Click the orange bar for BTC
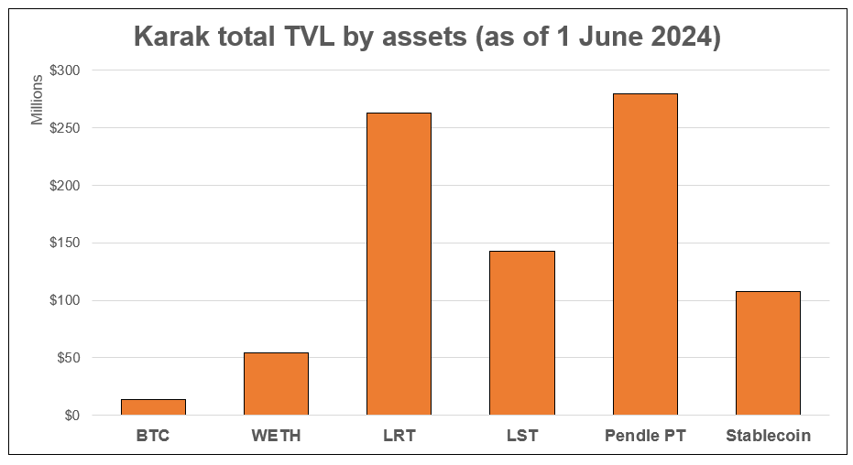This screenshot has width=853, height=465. point(153,407)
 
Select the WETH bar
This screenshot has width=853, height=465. point(276,384)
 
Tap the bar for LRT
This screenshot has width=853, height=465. point(399,264)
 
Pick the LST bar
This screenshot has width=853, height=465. point(521,332)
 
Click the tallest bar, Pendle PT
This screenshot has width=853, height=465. point(645,254)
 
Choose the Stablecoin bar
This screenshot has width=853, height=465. point(768,353)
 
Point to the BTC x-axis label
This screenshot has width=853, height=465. point(153,436)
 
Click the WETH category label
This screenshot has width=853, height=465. point(276,436)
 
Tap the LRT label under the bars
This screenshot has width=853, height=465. point(399,436)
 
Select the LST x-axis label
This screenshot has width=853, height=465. point(521,436)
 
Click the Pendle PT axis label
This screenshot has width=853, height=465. point(645,436)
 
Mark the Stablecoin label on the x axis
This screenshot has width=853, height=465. point(768,436)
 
